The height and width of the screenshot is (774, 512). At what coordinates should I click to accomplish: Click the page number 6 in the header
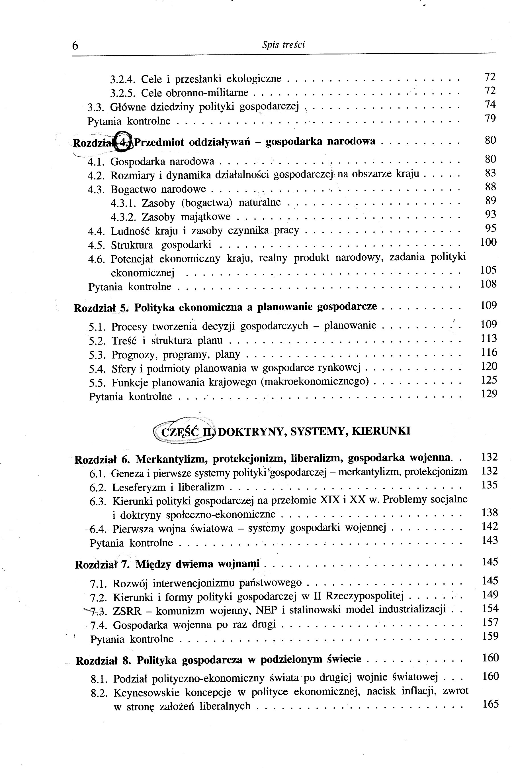point(75,45)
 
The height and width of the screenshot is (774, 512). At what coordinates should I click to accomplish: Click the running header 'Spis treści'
point(283,45)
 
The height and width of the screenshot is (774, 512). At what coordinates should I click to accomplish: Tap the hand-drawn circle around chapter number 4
point(124,142)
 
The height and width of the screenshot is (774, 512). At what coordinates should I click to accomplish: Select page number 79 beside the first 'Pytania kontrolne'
point(490,118)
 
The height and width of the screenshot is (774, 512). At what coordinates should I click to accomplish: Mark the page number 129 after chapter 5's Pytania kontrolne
point(489,394)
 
